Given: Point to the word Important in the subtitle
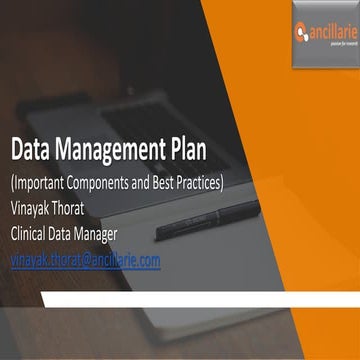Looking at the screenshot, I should [45, 184].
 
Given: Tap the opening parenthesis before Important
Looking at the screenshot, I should [12, 185].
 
